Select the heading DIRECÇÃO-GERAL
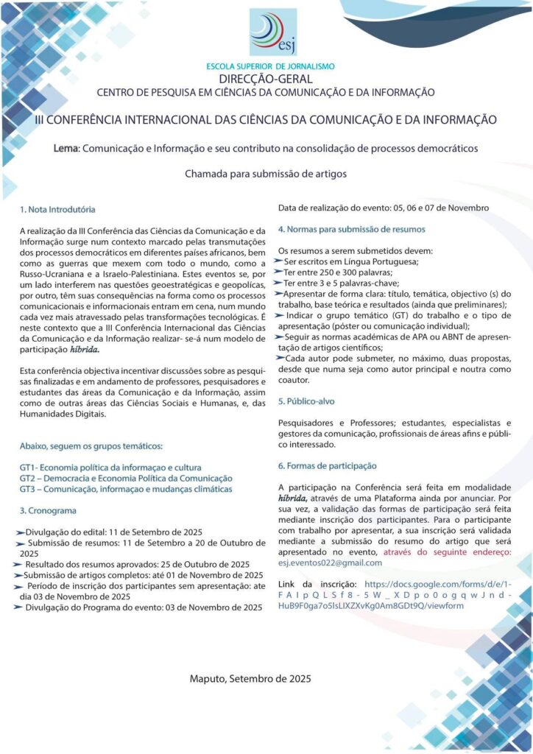coord(266,79)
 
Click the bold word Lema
coord(66,148)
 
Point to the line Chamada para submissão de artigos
coord(265,175)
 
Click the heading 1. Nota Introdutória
coord(57,210)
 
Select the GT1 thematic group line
coord(110,468)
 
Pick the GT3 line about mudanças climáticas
coord(126,489)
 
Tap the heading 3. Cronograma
coord(48,510)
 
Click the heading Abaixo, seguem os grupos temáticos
coord(91,446)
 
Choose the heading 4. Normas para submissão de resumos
coord(351,229)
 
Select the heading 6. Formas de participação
coord(327,465)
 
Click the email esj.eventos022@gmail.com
coord(330,563)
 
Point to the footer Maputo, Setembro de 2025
coord(250,678)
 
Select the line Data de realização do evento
coord(384,208)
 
